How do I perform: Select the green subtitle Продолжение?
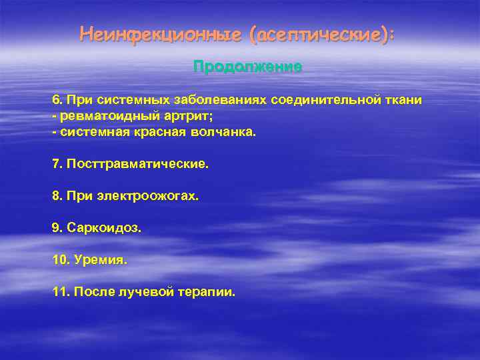247,67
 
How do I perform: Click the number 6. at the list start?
57,100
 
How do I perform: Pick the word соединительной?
325,100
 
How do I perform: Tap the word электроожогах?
149,196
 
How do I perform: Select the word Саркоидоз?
103,228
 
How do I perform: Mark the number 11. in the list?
61,292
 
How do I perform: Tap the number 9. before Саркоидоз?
57,228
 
